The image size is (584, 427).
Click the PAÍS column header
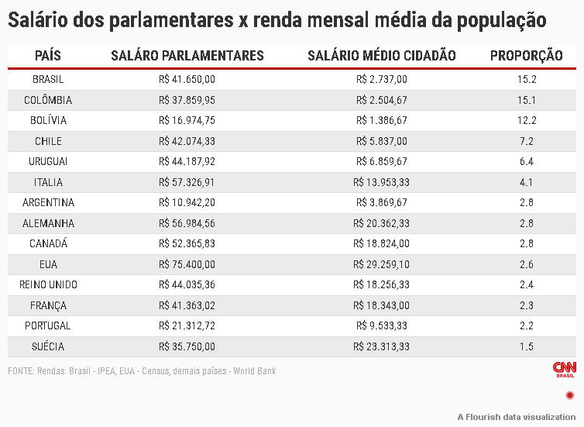click(48, 56)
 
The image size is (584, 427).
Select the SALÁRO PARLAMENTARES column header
click(187, 56)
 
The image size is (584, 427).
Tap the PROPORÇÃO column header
click(527, 56)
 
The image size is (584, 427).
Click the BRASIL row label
click(48, 79)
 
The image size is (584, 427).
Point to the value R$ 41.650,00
click(187, 79)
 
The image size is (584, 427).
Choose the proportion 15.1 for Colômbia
click(527, 100)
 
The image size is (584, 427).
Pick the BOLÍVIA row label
click(48, 120)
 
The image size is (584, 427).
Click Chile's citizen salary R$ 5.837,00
click(382, 141)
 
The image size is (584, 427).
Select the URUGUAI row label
click(48, 161)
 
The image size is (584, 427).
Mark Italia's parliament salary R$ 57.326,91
click(187, 182)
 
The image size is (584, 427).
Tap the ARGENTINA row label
click(48, 202)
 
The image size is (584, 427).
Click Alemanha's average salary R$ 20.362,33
click(381, 223)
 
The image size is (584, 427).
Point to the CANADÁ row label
click(48, 243)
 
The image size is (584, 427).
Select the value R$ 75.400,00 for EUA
click(187, 264)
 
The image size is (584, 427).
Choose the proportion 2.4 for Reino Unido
click(527, 284)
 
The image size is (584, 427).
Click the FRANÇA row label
click(48, 305)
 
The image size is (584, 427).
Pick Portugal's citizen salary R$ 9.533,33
click(382, 325)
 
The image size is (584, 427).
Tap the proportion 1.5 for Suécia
click(527, 346)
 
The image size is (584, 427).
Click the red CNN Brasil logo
click(565, 370)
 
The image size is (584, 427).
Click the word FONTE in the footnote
click(21, 371)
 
